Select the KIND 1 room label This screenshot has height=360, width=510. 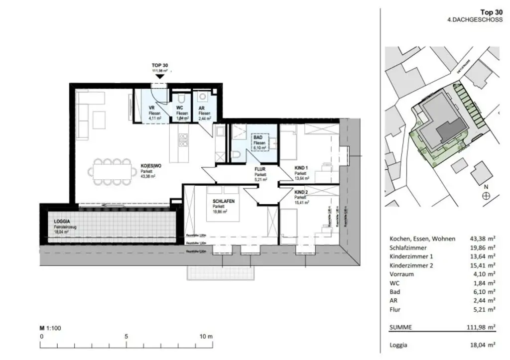[x=300, y=168]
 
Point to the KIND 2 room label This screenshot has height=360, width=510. [x=300, y=192]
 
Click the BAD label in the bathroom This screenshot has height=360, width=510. [x=258, y=137]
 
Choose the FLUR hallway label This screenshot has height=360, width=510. [x=259, y=169]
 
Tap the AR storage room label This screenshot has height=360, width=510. [x=202, y=108]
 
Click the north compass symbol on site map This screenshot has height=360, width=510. [x=486, y=196]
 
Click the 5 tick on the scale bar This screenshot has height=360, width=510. [x=127, y=336]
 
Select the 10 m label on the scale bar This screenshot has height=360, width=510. [x=206, y=336]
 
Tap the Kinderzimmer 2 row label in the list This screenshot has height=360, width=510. [x=411, y=265]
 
